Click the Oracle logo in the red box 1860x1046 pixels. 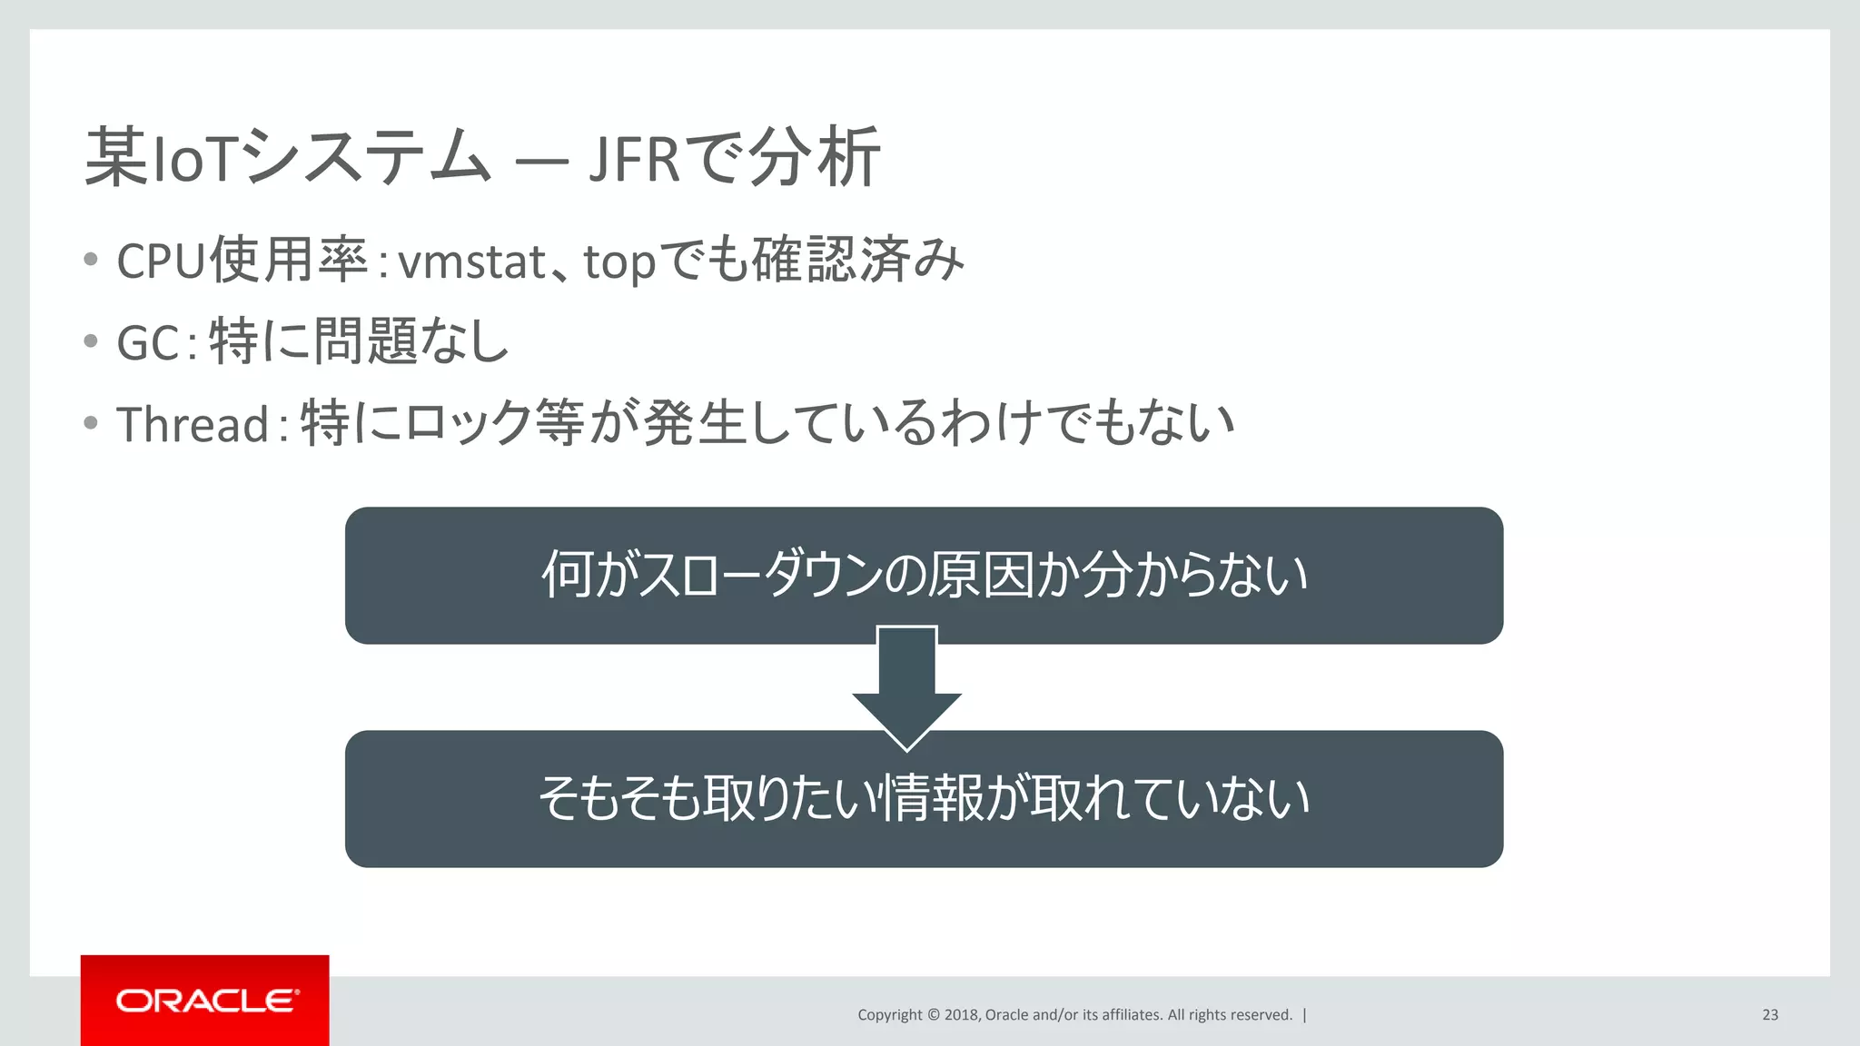click(x=207, y=1001)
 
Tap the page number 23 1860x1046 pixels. click(x=1770, y=1015)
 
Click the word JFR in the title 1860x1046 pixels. click(x=634, y=159)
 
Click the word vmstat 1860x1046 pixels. click(x=472, y=261)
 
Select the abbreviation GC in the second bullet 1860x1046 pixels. click(x=148, y=343)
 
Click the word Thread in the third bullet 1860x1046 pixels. click(x=193, y=424)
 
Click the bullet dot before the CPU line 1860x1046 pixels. click(x=90, y=260)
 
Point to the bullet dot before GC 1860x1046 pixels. click(x=90, y=341)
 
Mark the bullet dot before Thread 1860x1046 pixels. click(x=90, y=423)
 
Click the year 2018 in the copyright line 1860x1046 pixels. click(x=961, y=1015)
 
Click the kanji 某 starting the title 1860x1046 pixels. click(x=116, y=157)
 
